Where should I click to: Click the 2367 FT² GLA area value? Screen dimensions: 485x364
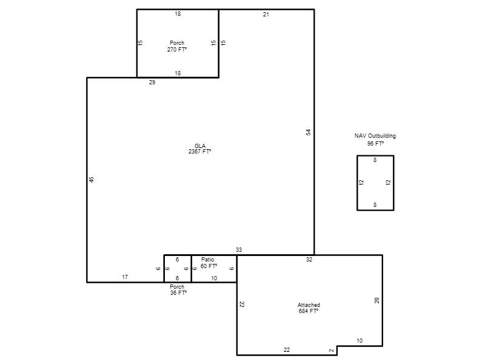(200, 151)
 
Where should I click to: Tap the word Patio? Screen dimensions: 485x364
(207, 260)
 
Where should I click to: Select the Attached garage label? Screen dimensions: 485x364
(309, 305)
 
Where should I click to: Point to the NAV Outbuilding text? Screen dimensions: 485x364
(375, 136)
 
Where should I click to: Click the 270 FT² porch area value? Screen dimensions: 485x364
(177, 50)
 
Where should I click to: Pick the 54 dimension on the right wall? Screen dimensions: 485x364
(308, 132)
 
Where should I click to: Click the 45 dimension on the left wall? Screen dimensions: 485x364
(92, 180)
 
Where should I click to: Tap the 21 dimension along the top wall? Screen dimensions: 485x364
(266, 14)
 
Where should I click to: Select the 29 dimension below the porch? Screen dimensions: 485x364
(152, 83)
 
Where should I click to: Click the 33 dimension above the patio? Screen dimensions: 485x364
(239, 250)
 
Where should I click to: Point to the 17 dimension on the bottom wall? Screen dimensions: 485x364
(125, 277)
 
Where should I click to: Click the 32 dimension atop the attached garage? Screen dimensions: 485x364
(309, 260)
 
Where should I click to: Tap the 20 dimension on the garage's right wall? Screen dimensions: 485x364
(376, 300)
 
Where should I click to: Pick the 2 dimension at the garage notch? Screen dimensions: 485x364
(331, 351)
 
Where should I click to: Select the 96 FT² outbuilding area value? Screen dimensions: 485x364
(375, 144)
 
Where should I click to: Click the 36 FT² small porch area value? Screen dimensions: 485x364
(178, 293)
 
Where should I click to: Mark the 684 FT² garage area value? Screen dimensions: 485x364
(309, 311)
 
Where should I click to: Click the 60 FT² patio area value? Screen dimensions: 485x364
(209, 266)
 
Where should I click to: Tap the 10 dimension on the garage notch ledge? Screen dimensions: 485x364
(360, 341)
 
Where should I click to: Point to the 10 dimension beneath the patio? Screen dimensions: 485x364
(214, 278)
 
